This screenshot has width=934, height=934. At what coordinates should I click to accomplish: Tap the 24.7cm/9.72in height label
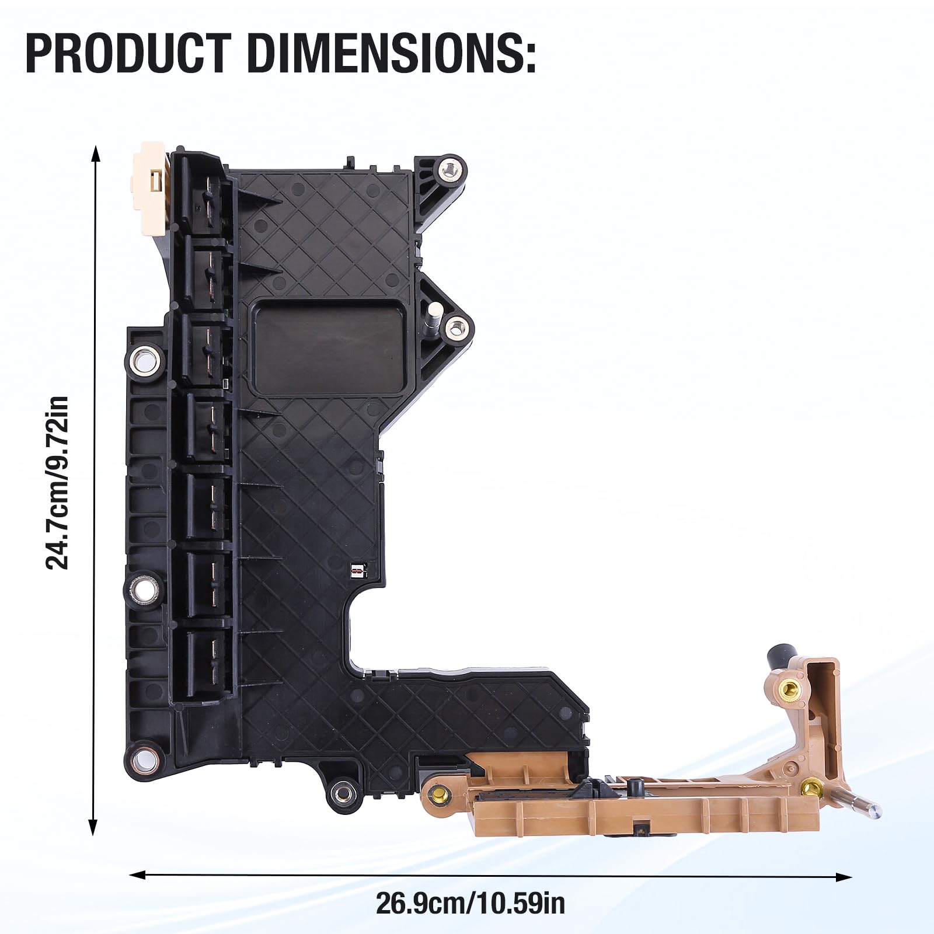pos(58,482)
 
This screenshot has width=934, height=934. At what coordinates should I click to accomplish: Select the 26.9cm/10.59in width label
pos(470,904)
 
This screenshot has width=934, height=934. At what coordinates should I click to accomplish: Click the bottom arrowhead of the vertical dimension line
pos(93,827)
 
